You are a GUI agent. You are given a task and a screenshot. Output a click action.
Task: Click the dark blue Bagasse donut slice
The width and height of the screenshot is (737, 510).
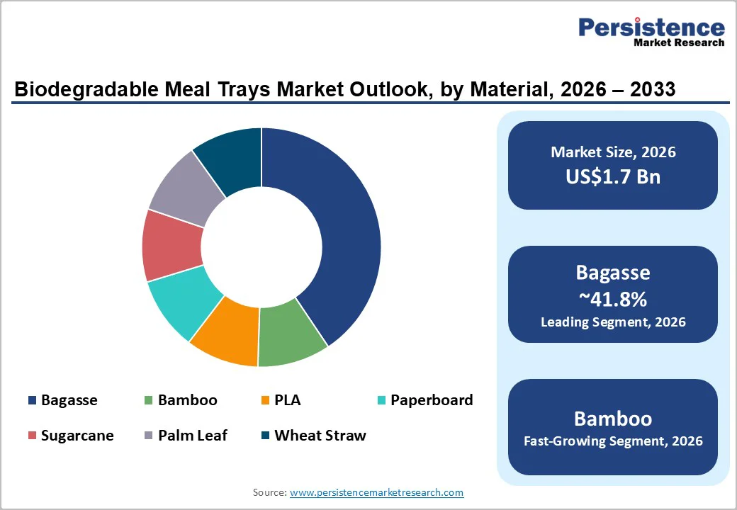(333, 234)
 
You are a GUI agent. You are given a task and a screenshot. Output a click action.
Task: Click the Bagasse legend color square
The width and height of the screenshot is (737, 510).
(32, 401)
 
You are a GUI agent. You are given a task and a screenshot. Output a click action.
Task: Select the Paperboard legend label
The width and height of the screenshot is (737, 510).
(432, 400)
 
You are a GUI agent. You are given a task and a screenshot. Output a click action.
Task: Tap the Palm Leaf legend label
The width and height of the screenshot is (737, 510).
(193, 436)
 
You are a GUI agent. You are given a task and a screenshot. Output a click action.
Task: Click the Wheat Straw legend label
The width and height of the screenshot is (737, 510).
(320, 436)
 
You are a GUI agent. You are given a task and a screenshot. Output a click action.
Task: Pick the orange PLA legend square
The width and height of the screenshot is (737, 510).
(265, 401)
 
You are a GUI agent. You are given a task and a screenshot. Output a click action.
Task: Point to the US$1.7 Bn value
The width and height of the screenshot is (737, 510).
(613, 176)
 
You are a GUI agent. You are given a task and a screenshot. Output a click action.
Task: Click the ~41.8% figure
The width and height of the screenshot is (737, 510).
(613, 299)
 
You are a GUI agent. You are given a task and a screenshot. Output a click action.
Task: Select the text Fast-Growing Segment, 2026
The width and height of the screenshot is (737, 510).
(613, 441)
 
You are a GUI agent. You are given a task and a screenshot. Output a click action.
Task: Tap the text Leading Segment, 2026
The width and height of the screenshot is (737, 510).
(613, 322)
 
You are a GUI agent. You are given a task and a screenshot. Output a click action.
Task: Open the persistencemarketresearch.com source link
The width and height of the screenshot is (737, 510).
(376, 492)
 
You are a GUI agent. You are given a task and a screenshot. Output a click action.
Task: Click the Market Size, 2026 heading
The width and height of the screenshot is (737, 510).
(613, 152)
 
